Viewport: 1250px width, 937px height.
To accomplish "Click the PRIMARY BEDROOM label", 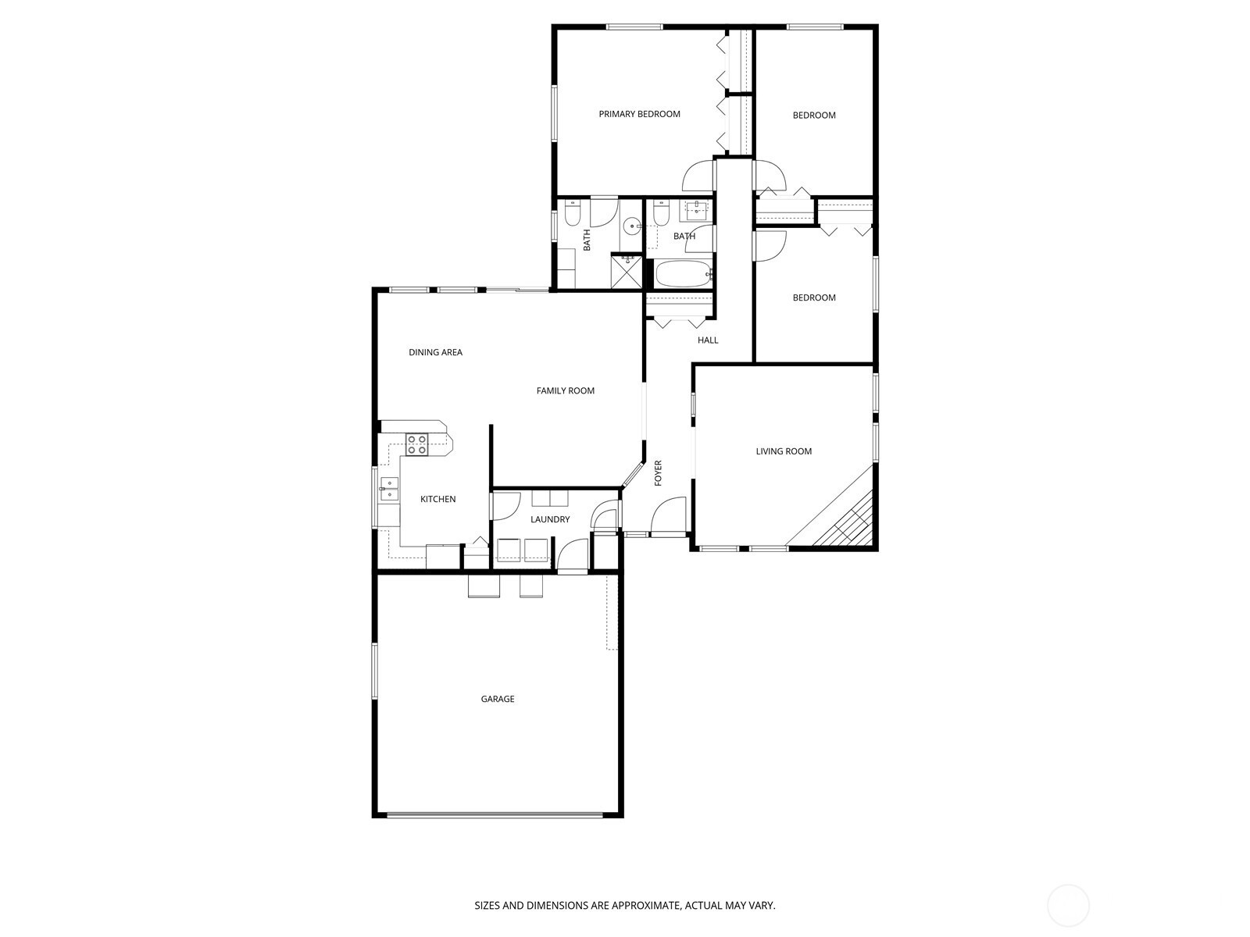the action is point(639,114).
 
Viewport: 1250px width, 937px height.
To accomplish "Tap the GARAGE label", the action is point(497,699).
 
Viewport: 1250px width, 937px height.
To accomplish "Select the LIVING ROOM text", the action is point(783,451).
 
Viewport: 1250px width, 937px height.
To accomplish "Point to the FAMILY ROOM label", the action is point(565,390).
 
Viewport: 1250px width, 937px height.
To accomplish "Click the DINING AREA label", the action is point(435,352).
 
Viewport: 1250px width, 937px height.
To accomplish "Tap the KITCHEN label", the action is point(437,499).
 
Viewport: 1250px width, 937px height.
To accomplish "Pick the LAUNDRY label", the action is point(549,518).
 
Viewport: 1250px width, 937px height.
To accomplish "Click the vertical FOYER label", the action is point(658,472).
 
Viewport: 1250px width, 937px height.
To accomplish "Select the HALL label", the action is point(707,340).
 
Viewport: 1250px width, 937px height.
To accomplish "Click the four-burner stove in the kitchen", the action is point(416,444).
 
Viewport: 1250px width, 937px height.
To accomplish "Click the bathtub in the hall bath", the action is point(684,273).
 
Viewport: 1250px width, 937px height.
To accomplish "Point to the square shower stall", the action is point(627,272).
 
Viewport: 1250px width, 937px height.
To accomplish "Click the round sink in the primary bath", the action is point(631,226).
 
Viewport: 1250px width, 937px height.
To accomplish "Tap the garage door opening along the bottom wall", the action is point(495,814).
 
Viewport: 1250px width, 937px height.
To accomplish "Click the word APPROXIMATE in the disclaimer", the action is point(645,905).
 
